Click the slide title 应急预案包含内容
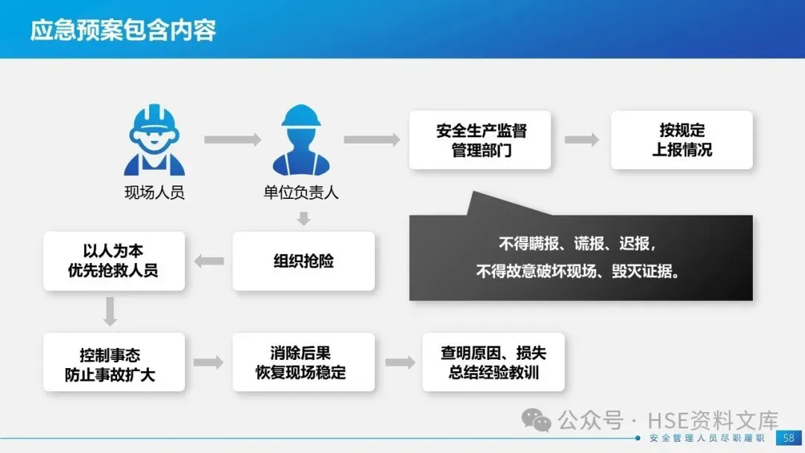123,31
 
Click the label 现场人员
154,193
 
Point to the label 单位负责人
301,193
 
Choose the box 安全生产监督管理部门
480,140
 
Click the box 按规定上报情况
682,140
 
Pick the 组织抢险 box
303,261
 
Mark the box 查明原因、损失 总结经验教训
493,362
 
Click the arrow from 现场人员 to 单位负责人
233,139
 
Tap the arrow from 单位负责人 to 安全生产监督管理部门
372,139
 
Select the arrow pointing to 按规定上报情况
581,139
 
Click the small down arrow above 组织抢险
303,218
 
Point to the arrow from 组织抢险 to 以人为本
209,261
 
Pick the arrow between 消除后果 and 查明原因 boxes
400,362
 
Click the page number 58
788,438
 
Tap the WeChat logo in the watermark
537,420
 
